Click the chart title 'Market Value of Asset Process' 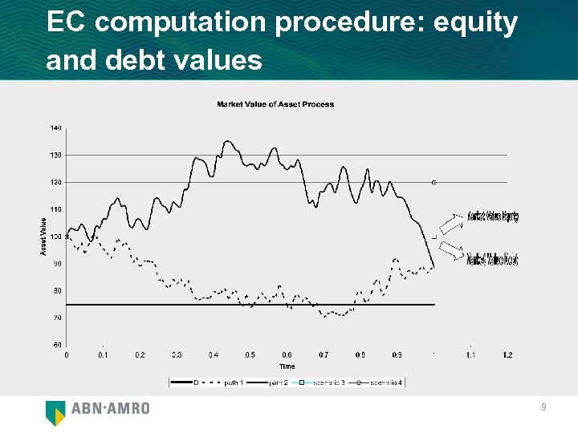tap(275, 104)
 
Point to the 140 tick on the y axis tap(56, 127)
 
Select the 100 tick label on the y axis tap(56, 237)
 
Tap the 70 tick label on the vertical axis tap(56, 318)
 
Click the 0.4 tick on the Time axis tap(214, 354)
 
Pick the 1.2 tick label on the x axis tap(507, 354)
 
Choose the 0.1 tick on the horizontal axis tap(103, 354)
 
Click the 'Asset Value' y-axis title tap(43, 237)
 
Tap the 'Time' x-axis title tap(287, 366)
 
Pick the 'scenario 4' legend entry tap(385, 382)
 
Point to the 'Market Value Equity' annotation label tap(493, 216)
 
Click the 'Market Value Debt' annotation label tap(493, 259)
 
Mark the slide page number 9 tap(543, 408)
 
